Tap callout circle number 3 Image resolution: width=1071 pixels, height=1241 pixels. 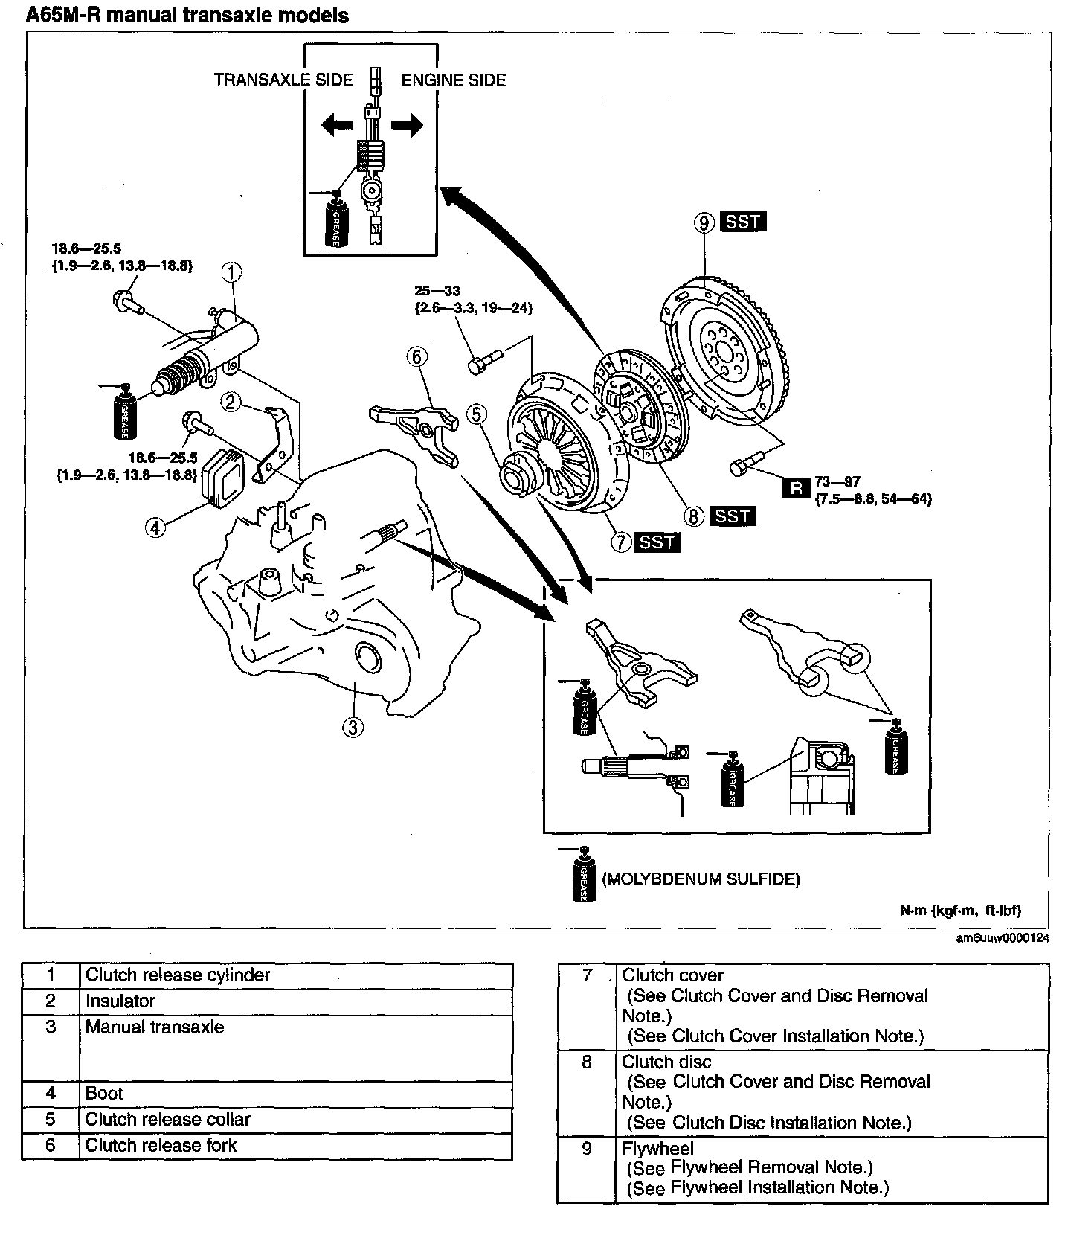click(353, 726)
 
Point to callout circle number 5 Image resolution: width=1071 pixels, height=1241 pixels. click(477, 413)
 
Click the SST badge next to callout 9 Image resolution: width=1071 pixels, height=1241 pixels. click(743, 221)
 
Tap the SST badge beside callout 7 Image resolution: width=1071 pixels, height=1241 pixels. click(657, 542)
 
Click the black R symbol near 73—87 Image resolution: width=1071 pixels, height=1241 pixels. click(797, 488)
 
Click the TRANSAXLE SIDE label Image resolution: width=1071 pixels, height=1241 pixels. click(283, 80)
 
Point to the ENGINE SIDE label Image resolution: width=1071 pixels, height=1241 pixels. click(454, 80)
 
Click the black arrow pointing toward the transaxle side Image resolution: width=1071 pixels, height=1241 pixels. click(338, 126)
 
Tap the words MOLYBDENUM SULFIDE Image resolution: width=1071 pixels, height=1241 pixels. click(701, 879)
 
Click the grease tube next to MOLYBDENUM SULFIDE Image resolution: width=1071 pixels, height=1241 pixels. click(583, 875)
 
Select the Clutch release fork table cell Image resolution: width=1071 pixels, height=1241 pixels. click(161, 1146)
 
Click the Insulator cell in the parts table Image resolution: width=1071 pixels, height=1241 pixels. click(120, 1001)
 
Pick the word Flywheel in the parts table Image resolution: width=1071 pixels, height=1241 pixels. click(657, 1149)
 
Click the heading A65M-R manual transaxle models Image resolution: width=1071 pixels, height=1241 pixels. click(187, 16)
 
